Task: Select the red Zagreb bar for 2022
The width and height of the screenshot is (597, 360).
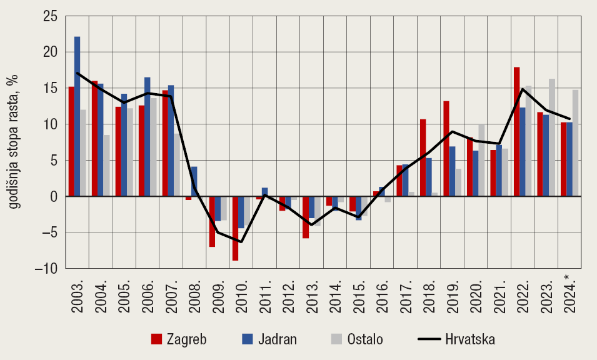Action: [516, 132]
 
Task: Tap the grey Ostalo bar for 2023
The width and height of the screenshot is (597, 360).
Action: [552, 137]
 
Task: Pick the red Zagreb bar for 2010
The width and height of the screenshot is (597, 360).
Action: [235, 228]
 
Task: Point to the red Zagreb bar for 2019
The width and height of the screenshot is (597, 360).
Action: [446, 149]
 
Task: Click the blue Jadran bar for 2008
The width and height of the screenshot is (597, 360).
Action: [194, 181]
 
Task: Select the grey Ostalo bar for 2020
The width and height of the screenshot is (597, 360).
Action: [481, 161]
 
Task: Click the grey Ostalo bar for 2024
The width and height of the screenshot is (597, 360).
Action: [575, 143]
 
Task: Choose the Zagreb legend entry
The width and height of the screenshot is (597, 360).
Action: [179, 339]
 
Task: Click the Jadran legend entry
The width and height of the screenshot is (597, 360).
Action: [269, 339]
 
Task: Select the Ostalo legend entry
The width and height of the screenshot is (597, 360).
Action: [356, 339]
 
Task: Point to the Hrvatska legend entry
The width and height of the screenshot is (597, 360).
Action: [456, 339]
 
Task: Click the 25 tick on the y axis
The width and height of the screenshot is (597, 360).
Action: [49, 16]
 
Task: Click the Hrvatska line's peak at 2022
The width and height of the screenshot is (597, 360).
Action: [522, 89]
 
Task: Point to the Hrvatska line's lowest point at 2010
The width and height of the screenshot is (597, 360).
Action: [241, 242]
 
